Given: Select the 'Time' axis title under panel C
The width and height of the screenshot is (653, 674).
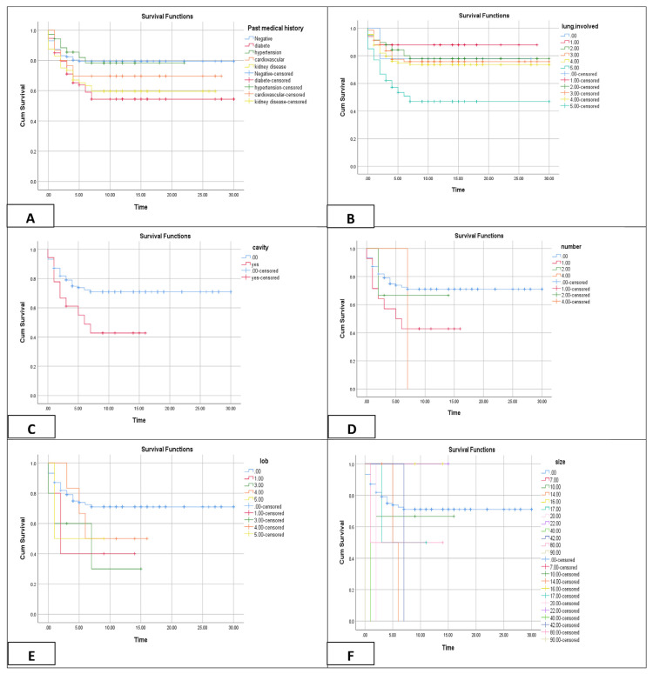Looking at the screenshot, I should click(x=138, y=420).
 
